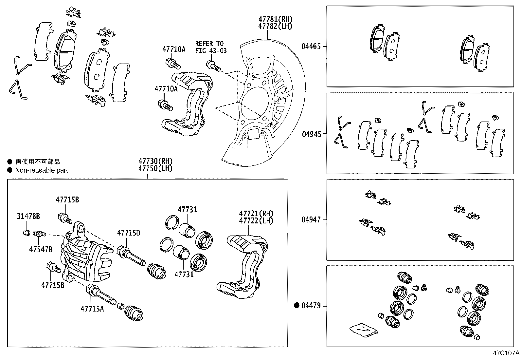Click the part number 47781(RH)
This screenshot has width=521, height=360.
click(x=275, y=19)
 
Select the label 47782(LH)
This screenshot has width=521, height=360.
click(x=275, y=26)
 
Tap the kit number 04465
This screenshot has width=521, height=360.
click(x=311, y=47)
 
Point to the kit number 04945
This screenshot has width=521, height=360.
click(x=312, y=134)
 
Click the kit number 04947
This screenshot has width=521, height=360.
click(x=311, y=220)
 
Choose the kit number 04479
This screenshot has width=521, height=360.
click(x=311, y=306)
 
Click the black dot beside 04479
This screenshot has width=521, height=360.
click(x=297, y=306)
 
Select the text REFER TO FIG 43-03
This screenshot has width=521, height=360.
click(x=211, y=47)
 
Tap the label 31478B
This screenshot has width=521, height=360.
click(x=28, y=216)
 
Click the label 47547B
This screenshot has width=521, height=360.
click(x=41, y=249)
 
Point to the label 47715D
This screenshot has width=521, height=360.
click(x=129, y=233)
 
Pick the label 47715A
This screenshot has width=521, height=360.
click(x=92, y=309)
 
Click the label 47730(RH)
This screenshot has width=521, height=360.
click(x=155, y=161)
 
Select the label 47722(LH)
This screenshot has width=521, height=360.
click(x=256, y=220)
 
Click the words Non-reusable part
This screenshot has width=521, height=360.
click(x=42, y=170)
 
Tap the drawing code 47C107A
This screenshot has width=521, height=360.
click(x=506, y=353)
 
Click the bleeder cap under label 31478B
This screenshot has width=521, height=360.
click(x=26, y=233)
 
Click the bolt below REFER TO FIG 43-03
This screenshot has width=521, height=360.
click(x=212, y=66)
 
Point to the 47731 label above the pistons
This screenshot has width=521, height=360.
click(x=187, y=210)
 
